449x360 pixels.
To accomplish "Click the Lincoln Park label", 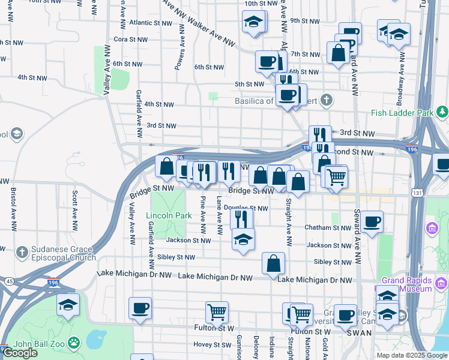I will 169,215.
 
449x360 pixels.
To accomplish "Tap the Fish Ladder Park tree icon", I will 442,112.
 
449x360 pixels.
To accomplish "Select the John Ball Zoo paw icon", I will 73,343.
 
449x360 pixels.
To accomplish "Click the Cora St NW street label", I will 130,39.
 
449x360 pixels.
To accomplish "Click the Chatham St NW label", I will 327,228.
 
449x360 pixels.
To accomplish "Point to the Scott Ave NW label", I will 74,210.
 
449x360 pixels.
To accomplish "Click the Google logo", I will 20,352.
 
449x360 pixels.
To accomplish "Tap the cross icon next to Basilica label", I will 326,100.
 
